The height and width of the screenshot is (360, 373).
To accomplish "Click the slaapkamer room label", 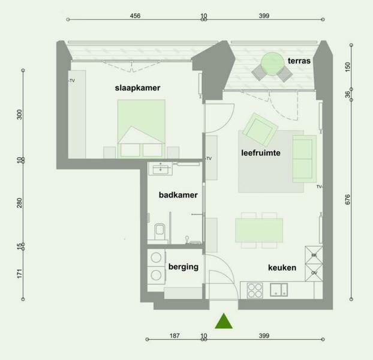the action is tap(137, 88).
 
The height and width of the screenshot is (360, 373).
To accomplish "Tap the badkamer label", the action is tap(178, 195).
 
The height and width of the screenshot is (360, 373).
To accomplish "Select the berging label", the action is tap(184, 267).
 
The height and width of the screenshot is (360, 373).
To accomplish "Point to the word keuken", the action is tap(282, 268).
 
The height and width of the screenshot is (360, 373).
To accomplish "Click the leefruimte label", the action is tap(261, 153).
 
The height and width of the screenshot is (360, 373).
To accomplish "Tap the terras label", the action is tap(299, 61).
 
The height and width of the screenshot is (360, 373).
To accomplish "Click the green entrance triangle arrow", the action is tap(224, 321).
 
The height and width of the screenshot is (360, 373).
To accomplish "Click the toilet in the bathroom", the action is tap(159, 231).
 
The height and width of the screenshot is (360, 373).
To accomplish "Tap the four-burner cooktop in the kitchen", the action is tap(255, 290).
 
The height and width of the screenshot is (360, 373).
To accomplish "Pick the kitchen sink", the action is tap(279, 290).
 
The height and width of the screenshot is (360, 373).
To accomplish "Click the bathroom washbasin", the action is tap(160, 169).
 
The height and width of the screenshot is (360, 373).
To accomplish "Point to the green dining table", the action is tap(259, 230).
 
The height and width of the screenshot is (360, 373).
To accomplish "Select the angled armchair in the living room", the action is tap(260, 130).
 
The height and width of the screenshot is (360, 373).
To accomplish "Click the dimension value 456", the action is tap(135, 16).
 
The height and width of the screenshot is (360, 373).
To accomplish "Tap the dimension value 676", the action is tap(347, 199).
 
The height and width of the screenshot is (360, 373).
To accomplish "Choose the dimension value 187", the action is tap(175, 336).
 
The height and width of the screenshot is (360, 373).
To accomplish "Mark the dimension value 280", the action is tap(19, 203).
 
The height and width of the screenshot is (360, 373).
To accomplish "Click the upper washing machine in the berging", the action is tap(156, 257).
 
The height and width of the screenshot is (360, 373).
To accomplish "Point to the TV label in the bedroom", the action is tap(72, 80).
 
